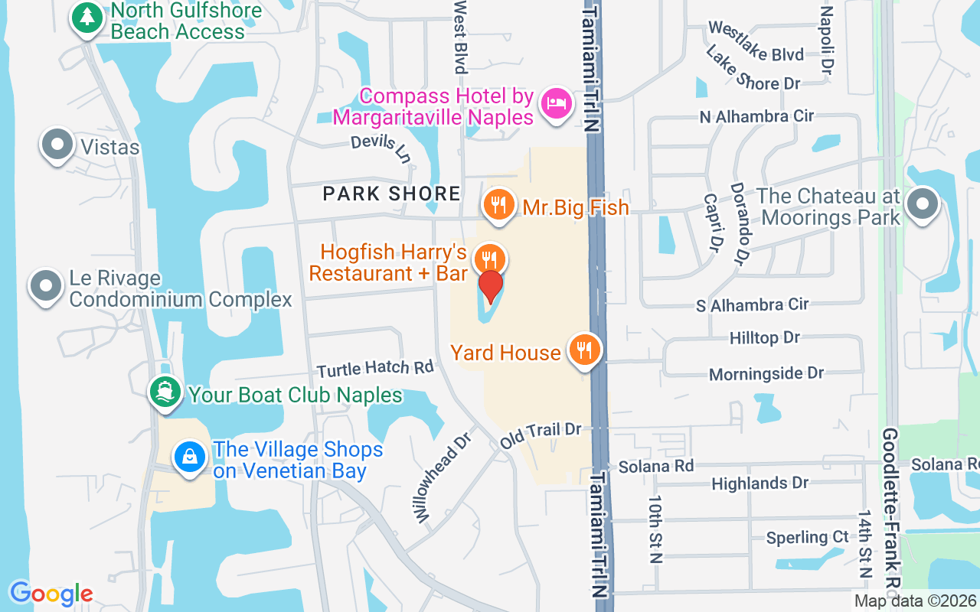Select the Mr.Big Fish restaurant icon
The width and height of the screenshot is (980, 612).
pyautogui.click(x=498, y=204)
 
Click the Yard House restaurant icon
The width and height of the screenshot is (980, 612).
pyautogui.click(x=585, y=350)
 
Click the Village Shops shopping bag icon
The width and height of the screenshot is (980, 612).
pyautogui.click(x=189, y=457)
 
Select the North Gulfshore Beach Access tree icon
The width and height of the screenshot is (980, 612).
pyautogui.click(x=87, y=17)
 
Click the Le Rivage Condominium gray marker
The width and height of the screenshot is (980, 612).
pyautogui.click(x=46, y=285)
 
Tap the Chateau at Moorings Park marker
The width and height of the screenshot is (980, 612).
pyautogui.click(x=922, y=204)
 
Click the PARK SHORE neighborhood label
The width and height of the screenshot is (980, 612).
pyautogui.click(x=391, y=194)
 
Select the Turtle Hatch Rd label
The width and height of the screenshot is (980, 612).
pyautogui.click(x=375, y=368)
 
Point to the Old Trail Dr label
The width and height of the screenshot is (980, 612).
pyautogui.click(x=541, y=434)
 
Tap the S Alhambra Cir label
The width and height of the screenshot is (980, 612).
pyautogui.click(x=752, y=304)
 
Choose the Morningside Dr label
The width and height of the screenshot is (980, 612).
pyautogui.click(x=766, y=374)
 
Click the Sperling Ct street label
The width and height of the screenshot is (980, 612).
pyautogui.click(x=807, y=538)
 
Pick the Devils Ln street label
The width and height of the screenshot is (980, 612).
pyautogui.click(x=381, y=147)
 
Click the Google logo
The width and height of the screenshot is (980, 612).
pyautogui.click(x=51, y=594)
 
